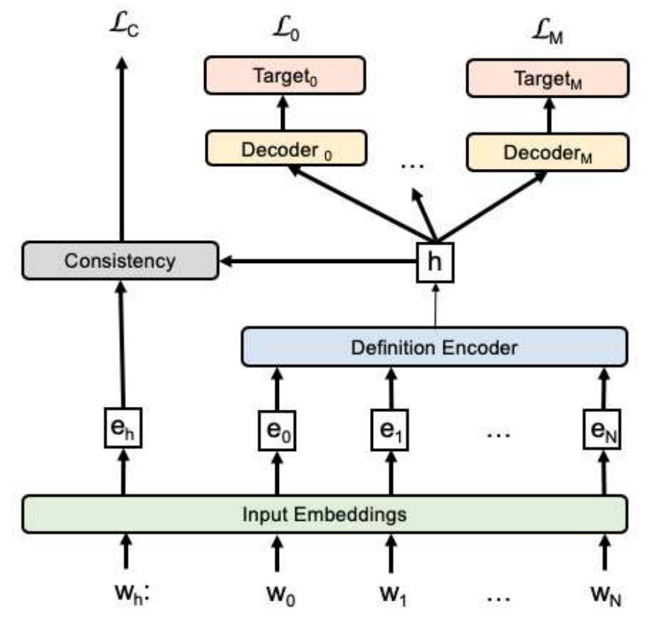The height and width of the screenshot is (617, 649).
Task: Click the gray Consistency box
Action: coord(120,260)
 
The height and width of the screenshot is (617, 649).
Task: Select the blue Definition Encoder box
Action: coord(435,347)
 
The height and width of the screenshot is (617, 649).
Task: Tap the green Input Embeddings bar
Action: coord(324,513)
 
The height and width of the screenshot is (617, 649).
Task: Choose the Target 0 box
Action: coord(283,77)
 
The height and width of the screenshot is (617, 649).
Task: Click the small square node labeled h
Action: coord(435,261)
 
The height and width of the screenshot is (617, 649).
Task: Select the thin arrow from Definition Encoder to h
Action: coord(435,303)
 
